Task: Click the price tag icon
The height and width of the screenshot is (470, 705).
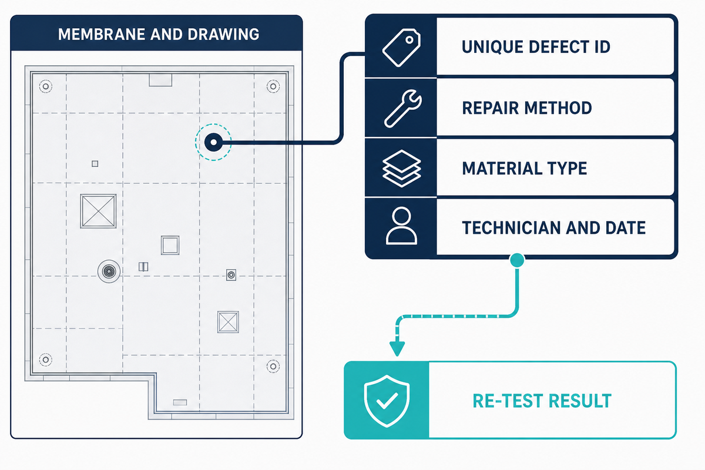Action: tap(401, 48)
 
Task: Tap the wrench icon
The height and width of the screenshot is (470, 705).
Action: tap(403, 109)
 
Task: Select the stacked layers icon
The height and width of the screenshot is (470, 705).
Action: tap(401, 169)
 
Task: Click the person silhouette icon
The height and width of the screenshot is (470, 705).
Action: tap(401, 226)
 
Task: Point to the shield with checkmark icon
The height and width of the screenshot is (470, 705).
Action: tap(387, 401)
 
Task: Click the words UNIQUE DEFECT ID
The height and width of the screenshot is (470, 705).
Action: tap(536, 47)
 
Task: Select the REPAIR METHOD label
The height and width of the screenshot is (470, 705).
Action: tap(527, 108)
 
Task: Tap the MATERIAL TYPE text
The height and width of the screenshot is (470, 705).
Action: tap(524, 168)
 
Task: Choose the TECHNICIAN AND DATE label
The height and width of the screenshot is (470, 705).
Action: tap(553, 227)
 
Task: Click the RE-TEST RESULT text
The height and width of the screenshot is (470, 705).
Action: tap(542, 401)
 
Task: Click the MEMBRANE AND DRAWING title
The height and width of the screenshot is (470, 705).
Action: tap(159, 34)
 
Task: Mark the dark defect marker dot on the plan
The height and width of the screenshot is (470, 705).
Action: tap(213, 142)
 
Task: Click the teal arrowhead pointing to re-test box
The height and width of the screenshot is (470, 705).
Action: tap(397, 348)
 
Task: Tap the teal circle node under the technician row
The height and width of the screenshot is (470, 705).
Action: tap(517, 260)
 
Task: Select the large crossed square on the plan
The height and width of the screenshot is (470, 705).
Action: tap(98, 211)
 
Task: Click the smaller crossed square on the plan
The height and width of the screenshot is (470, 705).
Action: tap(228, 322)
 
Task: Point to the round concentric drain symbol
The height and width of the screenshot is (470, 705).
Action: tap(109, 271)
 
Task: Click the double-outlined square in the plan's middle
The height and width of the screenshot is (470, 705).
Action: tap(170, 245)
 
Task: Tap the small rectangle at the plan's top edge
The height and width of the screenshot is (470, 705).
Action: tap(160, 80)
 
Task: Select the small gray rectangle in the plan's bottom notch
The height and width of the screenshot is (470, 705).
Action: tap(180, 402)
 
